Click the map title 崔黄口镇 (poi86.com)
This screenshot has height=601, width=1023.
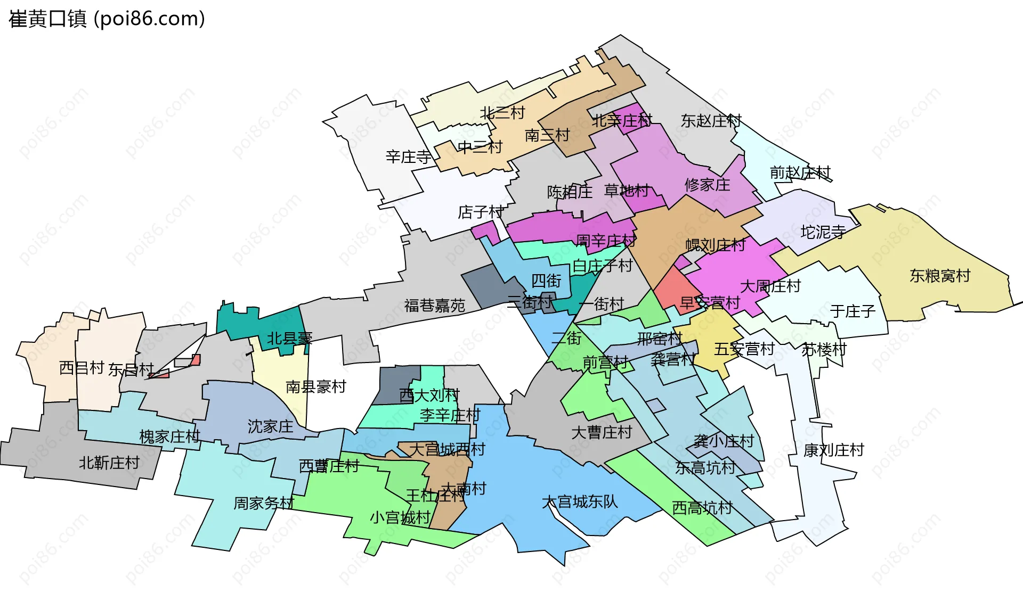107,19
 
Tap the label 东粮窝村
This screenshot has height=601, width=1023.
940,276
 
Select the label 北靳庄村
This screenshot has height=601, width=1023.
109,463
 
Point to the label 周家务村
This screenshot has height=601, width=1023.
264,503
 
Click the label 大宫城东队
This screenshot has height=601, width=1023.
580,501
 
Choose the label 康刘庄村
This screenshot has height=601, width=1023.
833,450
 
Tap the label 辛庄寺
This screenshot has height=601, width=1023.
408,157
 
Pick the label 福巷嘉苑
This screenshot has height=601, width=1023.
434,306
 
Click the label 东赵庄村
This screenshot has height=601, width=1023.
711,121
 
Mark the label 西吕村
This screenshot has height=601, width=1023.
82,368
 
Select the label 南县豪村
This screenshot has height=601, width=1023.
316,386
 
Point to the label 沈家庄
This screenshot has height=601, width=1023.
270,426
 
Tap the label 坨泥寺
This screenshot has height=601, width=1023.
823,232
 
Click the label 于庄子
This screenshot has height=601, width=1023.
852,311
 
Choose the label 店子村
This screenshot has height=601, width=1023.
481,212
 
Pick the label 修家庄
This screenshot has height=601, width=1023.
707,185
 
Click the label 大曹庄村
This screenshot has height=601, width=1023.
602,432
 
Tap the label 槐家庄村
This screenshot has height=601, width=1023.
169,437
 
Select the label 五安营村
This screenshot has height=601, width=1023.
744,349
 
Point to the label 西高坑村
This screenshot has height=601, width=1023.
702,507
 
